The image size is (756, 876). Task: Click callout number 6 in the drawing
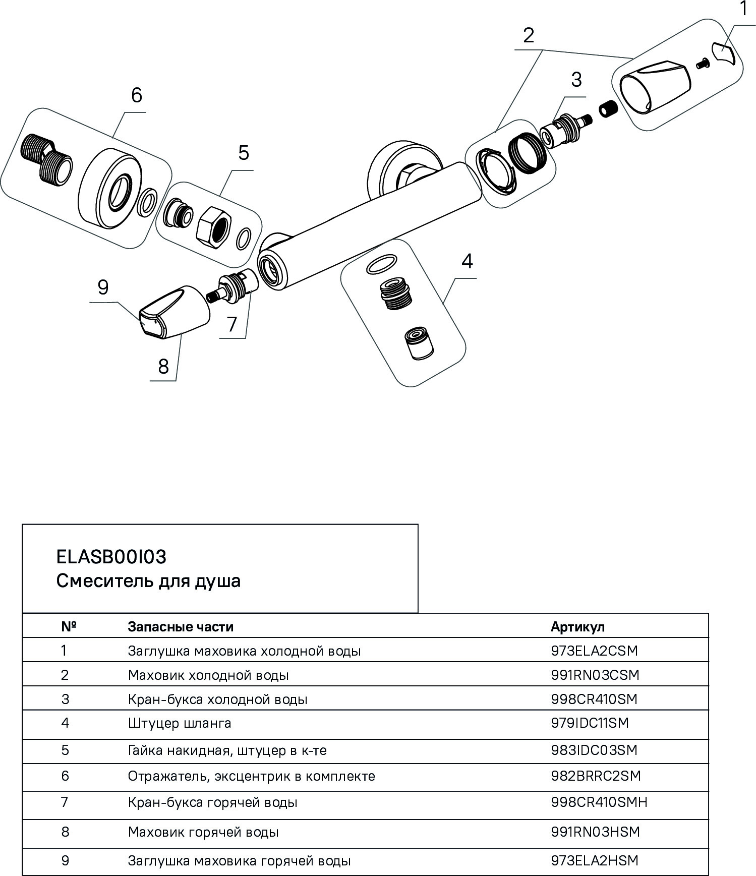[x=137, y=95]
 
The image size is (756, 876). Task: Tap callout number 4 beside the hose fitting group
[x=467, y=261]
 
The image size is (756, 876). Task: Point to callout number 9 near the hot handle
[x=103, y=287]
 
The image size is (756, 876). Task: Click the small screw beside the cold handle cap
[x=702, y=64]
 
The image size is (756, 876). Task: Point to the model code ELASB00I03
[x=111, y=557]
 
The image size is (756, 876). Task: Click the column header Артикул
[x=577, y=626]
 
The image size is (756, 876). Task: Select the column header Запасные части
[x=181, y=626]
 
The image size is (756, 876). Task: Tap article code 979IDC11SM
[x=590, y=723]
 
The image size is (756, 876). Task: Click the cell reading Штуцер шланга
[x=180, y=723]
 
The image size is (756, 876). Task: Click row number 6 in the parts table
[x=65, y=775]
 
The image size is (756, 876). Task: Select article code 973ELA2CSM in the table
[x=594, y=651]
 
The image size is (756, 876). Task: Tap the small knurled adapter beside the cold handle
[x=607, y=108]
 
